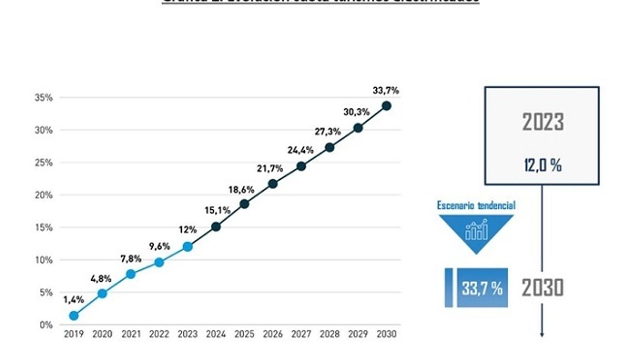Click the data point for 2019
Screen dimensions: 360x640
click(74, 316)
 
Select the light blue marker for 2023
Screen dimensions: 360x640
click(188, 247)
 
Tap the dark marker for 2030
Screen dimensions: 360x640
click(386, 106)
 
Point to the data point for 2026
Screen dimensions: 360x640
click(273, 184)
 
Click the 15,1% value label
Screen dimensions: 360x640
click(218, 210)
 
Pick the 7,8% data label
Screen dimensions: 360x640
click(131, 259)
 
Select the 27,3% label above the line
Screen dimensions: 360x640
click(328, 132)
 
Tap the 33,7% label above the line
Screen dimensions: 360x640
click(386, 90)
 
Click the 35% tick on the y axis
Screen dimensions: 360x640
click(44, 98)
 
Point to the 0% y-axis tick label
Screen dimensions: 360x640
click(46, 325)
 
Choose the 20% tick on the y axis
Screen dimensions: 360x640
click(44, 195)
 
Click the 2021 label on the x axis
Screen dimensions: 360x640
click(131, 334)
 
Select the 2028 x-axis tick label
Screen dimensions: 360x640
click(330, 334)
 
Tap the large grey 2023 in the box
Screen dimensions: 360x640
click(543, 122)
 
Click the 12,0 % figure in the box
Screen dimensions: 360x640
click(543, 165)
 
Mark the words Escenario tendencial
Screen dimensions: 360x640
click(476, 206)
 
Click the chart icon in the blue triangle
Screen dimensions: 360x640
click(476, 230)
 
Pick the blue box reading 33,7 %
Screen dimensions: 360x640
click(482, 288)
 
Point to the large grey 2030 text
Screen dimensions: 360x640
click(543, 288)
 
